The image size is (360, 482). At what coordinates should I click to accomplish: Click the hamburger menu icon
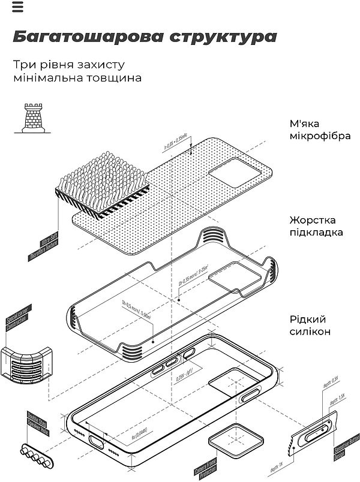pyautogui.click(x=17, y=7)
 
